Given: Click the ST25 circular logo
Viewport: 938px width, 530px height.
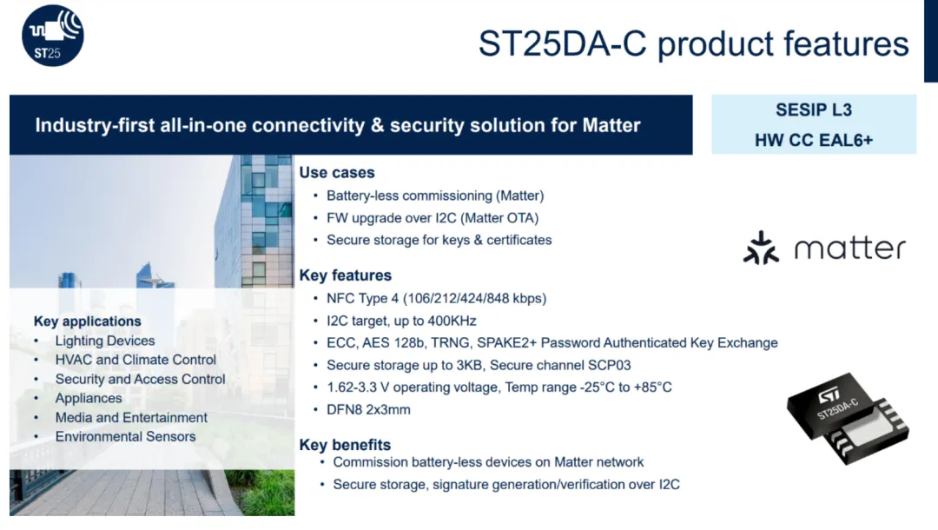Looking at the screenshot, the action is pyautogui.click(x=53, y=36).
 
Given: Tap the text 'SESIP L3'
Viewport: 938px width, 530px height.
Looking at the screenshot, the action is pyautogui.click(x=814, y=110).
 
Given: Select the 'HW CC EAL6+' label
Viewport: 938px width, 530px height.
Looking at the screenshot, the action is pyautogui.click(x=814, y=140).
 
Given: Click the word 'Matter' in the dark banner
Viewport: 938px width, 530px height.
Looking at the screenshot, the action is pyautogui.click(x=611, y=125).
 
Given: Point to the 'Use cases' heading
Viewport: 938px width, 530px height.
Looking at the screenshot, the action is pyautogui.click(x=337, y=172).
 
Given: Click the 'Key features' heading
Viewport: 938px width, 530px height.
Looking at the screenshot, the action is pyautogui.click(x=345, y=275).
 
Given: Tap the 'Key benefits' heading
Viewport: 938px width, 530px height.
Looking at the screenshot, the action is pyautogui.click(x=345, y=445).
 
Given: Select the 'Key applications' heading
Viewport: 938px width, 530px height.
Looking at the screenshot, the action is pyautogui.click(x=88, y=321).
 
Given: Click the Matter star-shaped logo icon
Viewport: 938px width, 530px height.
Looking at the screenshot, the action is pyautogui.click(x=761, y=248).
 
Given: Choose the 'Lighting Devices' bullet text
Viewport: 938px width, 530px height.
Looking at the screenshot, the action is pyautogui.click(x=105, y=341).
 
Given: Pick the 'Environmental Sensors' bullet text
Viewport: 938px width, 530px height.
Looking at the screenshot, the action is pyautogui.click(x=125, y=437).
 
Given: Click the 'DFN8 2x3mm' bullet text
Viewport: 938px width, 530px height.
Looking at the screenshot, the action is pyautogui.click(x=368, y=410).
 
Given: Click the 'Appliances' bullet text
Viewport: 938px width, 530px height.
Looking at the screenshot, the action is pyautogui.click(x=89, y=399).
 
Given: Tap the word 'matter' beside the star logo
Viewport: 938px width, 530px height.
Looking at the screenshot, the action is pyautogui.click(x=849, y=248).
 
